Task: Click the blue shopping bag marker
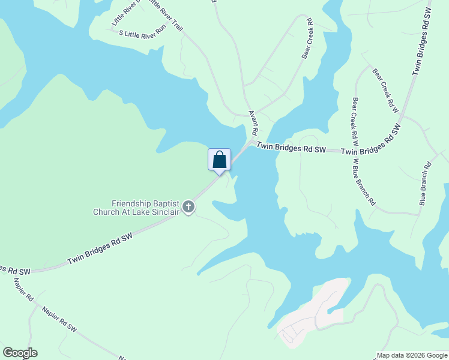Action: pyautogui.click(x=219, y=160)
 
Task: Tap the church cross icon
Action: pyautogui.click(x=188, y=208)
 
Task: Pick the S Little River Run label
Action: pyautogui.click(x=142, y=34)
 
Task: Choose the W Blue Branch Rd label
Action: pyautogui.click(x=364, y=181)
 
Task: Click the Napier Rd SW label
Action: pyautogui.click(x=61, y=319)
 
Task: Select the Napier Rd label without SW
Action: pyautogui.click(x=22, y=287)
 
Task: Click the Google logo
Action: pyautogui.click(x=20, y=353)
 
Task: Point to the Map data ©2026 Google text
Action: pyautogui.click(x=412, y=355)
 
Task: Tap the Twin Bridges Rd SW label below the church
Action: pyautogui.click(x=100, y=250)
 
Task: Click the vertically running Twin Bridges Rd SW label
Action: pyautogui.click(x=423, y=42)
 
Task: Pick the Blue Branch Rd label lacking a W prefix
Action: pyautogui.click(x=426, y=184)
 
